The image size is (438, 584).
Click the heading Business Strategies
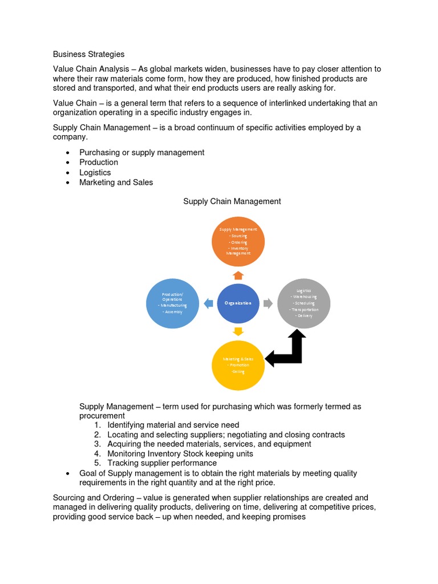pyautogui.click(x=88, y=54)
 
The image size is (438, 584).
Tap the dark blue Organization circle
pyautogui.click(x=238, y=303)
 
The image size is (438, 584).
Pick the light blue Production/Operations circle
pyautogui.click(x=172, y=304)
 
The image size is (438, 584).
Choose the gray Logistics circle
pyautogui.click(x=303, y=304)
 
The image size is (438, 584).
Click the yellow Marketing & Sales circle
pyautogui.click(x=238, y=364)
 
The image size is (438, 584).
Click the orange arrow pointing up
pyautogui.click(x=238, y=275)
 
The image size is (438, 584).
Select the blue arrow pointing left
pyautogui.click(x=208, y=303)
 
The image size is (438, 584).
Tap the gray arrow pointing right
pyautogui.click(x=267, y=303)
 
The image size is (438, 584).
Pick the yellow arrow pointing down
pyautogui.click(x=238, y=331)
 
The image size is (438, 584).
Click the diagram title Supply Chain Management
pyautogui.click(x=232, y=201)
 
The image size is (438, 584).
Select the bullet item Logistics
pyautogui.click(x=95, y=172)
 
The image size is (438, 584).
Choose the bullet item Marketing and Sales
pyautogui.click(x=116, y=182)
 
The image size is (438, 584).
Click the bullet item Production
pyautogui.click(x=99, y=162)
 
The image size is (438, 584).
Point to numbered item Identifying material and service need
pyautogui.click(x=173, y=425)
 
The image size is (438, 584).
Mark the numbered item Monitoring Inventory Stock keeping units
pyautogui.click(x=180, y=453)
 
